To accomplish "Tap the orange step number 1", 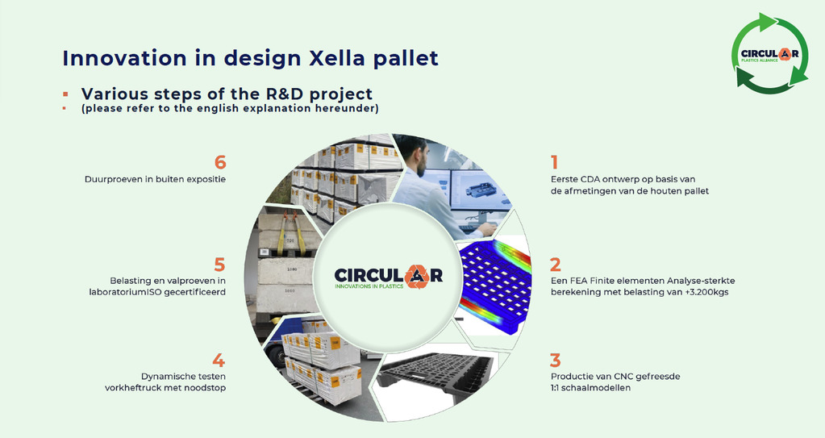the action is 554,162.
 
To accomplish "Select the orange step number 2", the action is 556,265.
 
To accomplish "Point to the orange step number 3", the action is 556,361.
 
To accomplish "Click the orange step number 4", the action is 219,361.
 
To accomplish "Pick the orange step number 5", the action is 220,265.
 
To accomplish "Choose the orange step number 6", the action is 220,162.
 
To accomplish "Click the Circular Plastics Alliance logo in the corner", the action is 769,54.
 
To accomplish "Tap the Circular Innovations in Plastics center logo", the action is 388,276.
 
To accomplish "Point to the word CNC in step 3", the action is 623,377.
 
